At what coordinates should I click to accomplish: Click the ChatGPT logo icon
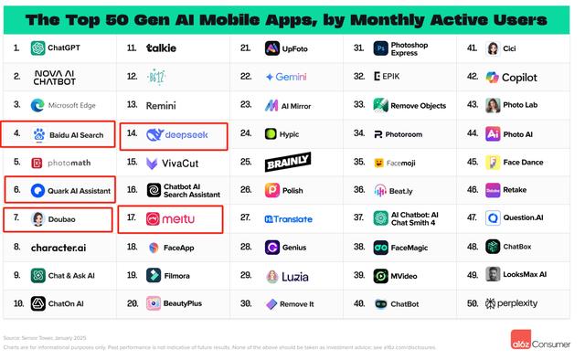click(x=38, y=48)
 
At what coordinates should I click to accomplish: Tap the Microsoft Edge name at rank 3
click(x=72, y=106)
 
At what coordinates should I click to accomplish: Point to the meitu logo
click(x=172, y=219)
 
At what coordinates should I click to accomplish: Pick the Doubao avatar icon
click(x=38, y=219)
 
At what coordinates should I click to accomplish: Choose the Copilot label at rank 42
click(x=519, y=78)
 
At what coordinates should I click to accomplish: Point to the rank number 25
click(x=246, y=163)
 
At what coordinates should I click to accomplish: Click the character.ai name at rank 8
click(x=58, y=248)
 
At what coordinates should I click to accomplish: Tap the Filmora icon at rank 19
click(x=154, y=275)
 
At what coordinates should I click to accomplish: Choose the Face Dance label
click(x=524, y=163)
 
